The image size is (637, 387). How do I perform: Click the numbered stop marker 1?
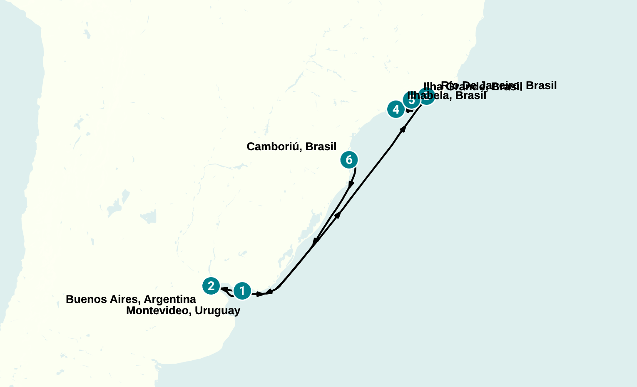point(242,291)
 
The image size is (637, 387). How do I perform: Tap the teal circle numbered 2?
point(211,286)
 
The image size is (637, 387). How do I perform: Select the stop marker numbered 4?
point(396,109)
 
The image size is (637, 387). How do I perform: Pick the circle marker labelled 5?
point(411,100)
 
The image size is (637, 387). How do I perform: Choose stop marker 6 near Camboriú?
point(349,159)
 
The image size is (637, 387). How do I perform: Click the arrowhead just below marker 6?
point(351,184)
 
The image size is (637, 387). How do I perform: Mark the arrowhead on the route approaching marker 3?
point(403,129)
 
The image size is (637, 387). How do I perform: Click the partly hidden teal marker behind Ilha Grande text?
point(427,97)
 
